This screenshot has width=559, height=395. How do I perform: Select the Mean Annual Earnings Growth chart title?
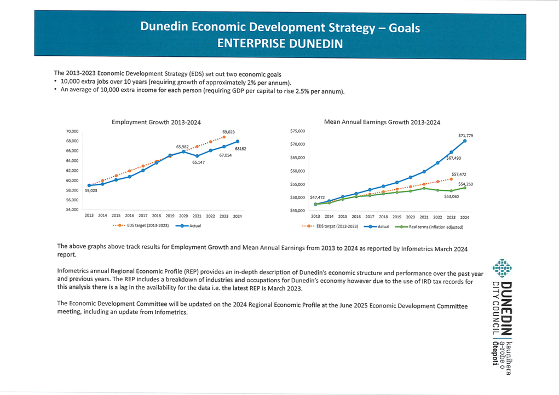(382, 122)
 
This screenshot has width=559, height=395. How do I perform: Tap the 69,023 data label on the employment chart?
(228, 132)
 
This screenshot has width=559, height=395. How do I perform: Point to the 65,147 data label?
(198, 162)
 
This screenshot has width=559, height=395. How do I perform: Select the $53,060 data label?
(451, 196)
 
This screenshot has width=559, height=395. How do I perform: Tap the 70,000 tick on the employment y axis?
(72, 132)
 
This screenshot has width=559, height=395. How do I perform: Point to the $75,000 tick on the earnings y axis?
(298, 131)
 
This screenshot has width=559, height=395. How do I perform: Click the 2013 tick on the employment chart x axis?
(89, 216)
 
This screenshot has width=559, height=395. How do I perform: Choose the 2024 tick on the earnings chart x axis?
(464, 217)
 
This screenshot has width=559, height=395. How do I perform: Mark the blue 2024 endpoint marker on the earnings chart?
(465, 141)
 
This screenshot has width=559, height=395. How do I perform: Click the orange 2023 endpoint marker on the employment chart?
(224, 137)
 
